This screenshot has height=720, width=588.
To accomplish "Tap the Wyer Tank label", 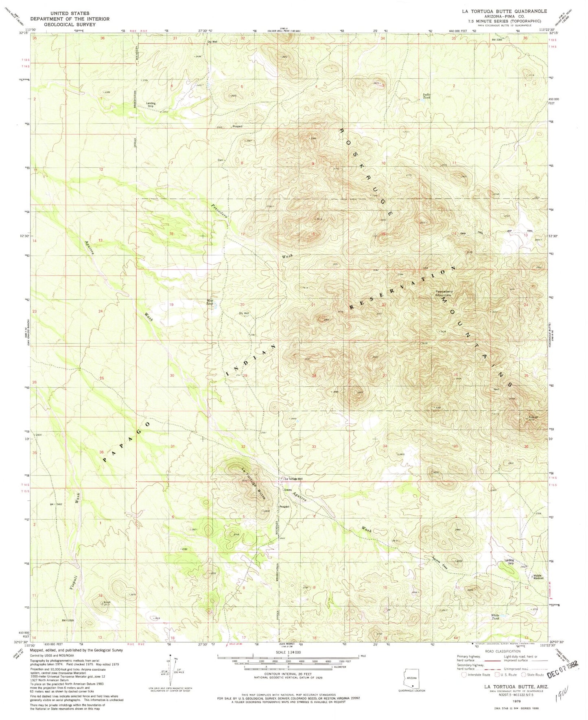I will [210, 302].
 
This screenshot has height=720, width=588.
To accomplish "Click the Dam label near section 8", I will [221, 160].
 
